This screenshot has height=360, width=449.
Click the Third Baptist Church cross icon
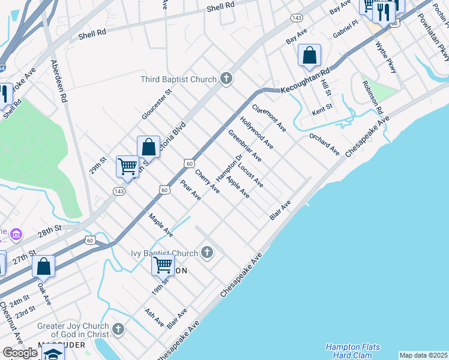click(226, 79)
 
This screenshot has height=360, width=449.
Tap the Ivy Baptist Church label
click(164, 253)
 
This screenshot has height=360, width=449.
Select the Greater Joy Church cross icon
click(118, 329)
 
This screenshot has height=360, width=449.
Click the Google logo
click(20, 353)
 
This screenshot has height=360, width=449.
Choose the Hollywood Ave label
click(257, 133)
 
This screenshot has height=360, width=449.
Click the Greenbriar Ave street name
click(244, 146)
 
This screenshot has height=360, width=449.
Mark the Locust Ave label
click(250, 175)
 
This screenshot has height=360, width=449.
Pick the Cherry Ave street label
click(207, 181)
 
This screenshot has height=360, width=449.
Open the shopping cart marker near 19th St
click(163, 265)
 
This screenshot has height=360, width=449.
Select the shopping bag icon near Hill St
click(309, 55)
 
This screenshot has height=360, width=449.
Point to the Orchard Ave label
click(325, 144)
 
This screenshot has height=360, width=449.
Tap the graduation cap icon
click(53, 354)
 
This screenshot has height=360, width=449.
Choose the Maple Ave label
click(160, 225)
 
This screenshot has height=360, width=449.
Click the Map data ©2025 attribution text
click(423, 355)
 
